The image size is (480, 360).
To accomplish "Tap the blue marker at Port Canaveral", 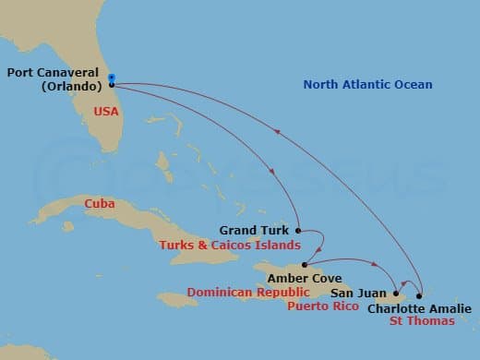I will coord(112,78).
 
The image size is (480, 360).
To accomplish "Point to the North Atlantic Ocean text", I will coord(368,85).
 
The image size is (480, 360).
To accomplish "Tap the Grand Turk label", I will coord(255,230).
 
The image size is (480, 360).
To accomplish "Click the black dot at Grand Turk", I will coord(298,230).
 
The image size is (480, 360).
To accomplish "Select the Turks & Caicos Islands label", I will coord(229,246).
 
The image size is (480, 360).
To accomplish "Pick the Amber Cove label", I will coord(304,278).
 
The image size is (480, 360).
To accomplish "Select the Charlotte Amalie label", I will coord(419,308).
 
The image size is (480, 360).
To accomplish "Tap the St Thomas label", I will coord(421,321).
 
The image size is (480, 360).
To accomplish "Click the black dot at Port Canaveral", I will coord(112,85).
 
